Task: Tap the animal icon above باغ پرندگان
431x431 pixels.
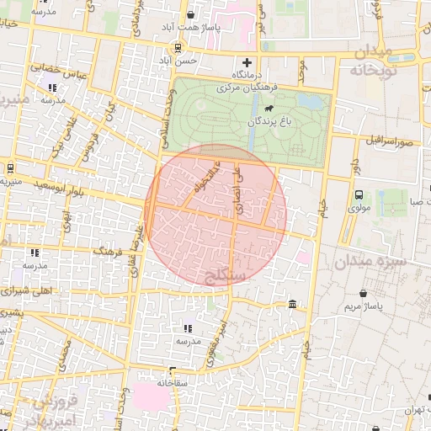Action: [268, 109]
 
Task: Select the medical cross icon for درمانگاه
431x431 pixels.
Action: [247, 62]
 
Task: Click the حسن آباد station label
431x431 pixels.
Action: [178, 61]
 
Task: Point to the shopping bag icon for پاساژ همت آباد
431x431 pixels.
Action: [190, 14]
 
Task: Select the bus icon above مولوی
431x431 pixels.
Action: [359, 194]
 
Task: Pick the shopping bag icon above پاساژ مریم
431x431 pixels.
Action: [363, 293]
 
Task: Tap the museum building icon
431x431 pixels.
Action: [291, 303]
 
